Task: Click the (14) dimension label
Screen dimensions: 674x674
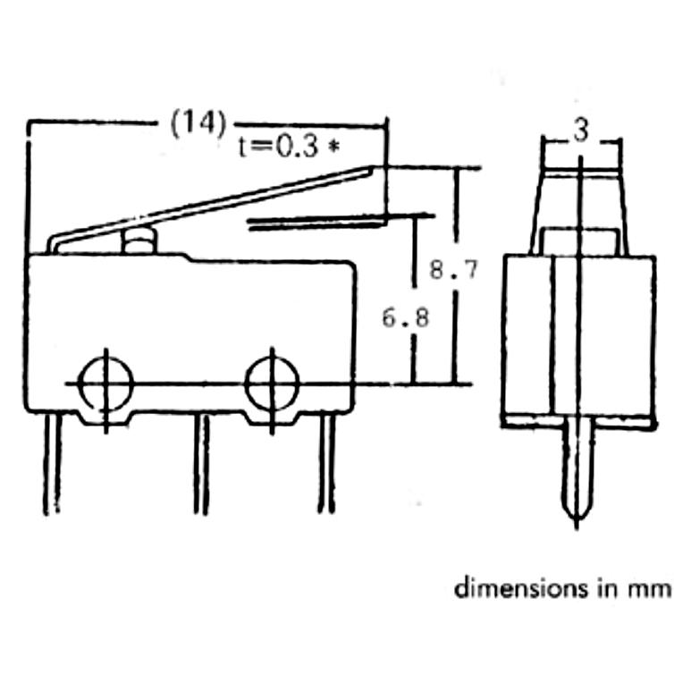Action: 198,123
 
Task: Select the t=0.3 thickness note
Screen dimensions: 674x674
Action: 279,147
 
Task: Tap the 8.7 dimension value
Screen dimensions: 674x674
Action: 453,271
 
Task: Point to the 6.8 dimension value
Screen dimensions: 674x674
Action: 405,318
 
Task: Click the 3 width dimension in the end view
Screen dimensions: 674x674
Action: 581,131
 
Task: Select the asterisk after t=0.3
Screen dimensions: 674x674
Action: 333,147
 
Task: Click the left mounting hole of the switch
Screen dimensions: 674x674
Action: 107,383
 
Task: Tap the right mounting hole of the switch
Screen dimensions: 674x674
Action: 272,383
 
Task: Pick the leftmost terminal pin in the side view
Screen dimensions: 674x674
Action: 52,464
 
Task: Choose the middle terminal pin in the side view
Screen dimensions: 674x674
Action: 201,464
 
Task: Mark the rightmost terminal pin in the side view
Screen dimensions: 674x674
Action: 326,464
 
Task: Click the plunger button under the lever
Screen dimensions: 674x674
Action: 139,243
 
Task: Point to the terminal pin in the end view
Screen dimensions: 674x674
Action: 577,473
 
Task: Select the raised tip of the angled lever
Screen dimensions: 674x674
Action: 373,168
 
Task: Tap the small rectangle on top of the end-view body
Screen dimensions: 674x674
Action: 578,242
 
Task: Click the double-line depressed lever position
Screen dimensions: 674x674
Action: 316,223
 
